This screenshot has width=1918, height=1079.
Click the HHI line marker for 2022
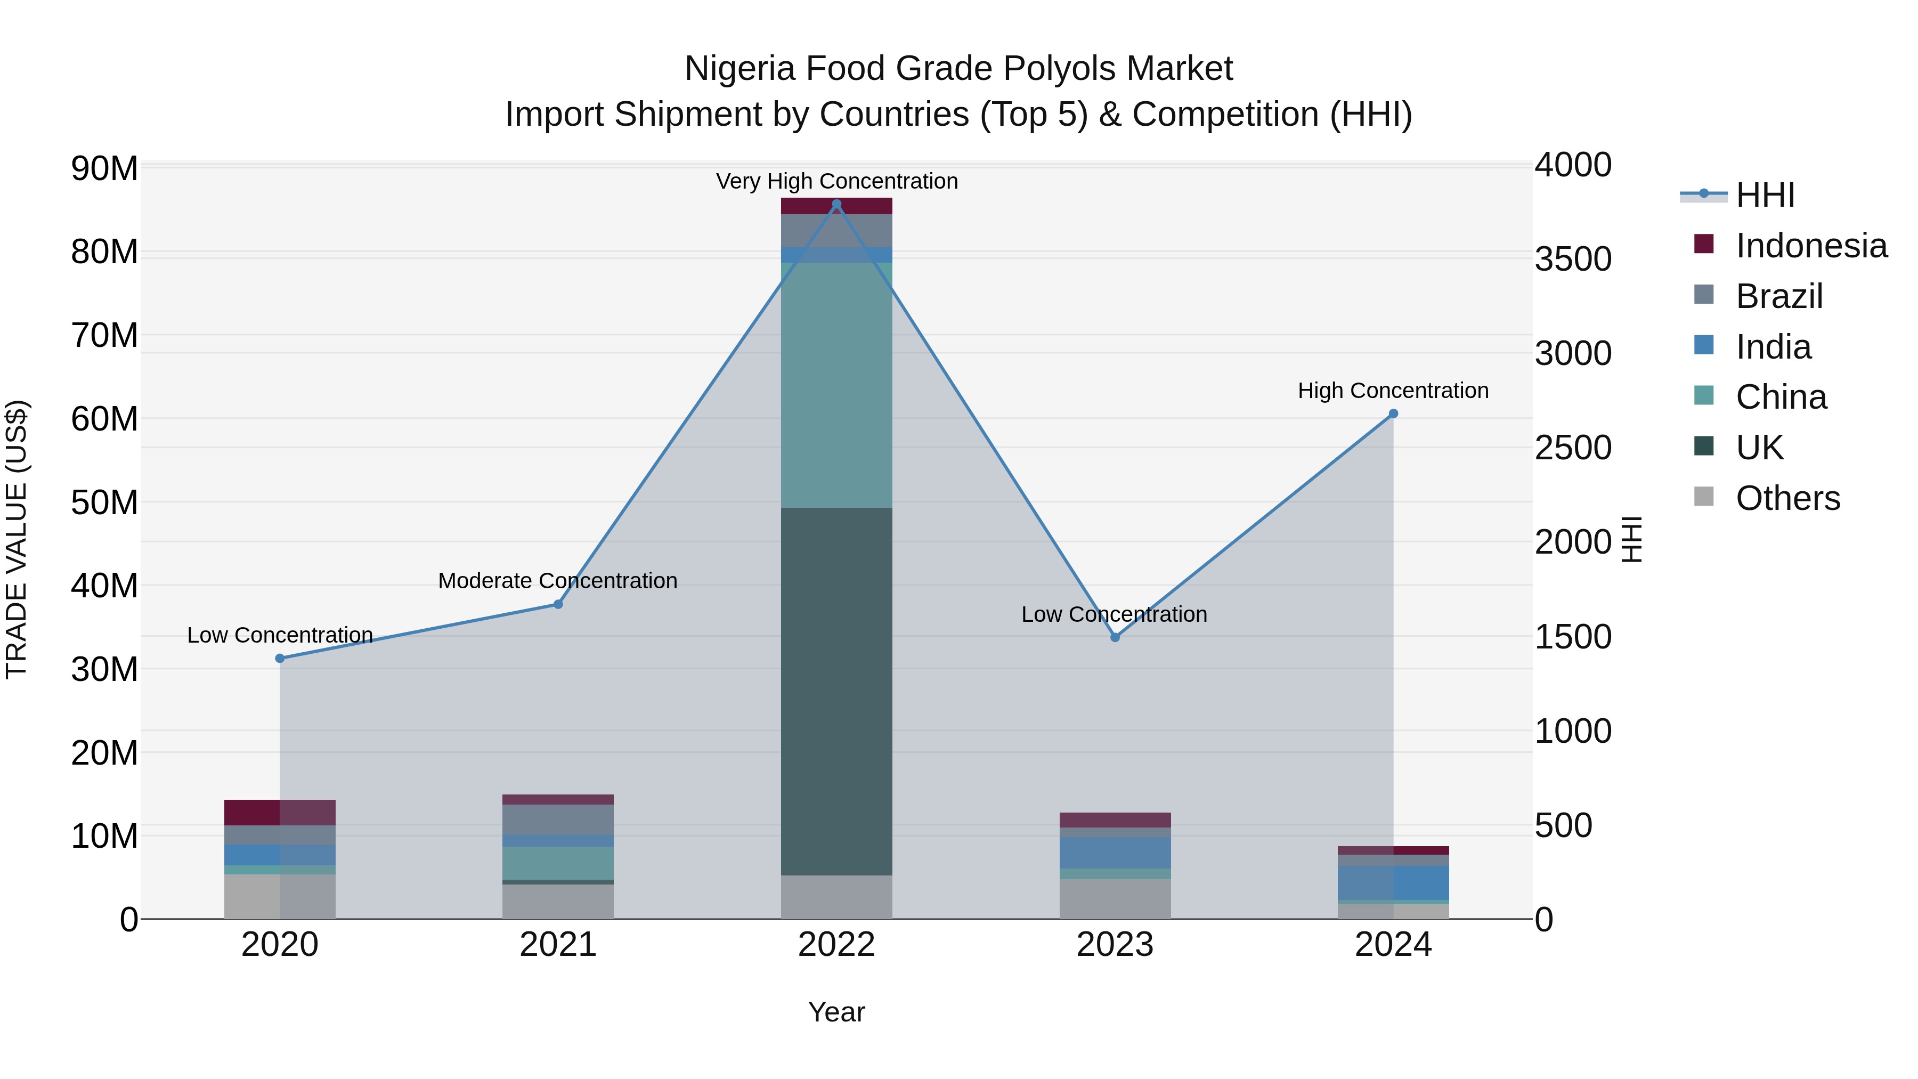(x=836, y=204)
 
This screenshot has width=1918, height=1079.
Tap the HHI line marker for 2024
(x=1393, y=414)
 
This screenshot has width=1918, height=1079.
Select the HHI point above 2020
(x=280, y=658)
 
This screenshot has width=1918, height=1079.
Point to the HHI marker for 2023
(x=1115, y=637)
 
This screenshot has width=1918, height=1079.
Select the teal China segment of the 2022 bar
(x=836, y=385)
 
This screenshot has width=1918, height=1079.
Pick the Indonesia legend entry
(x=1811, y=246)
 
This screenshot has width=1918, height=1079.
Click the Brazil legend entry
(x=1779, y=296)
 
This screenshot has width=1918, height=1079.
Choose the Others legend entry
(x=1787, y=498)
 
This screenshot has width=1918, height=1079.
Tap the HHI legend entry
(x=1765, y=195)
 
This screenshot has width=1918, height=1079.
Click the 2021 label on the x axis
(x=558, y=945)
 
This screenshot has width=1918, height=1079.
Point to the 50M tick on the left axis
(x=104, y=502)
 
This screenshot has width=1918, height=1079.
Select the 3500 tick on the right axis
(x=1573, y=259)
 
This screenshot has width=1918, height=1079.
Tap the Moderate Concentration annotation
(x=558, y=581)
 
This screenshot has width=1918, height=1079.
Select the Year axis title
(x=836, y=1012)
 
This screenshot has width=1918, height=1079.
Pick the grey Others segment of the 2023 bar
(x=1115, y=899)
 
